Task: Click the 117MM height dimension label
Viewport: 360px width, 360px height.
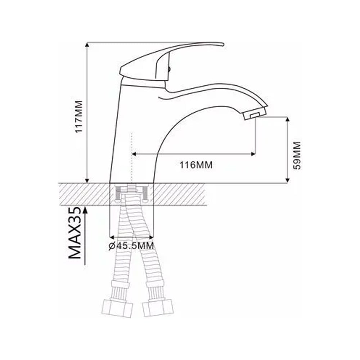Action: pyautogui.click(x=79, y=116)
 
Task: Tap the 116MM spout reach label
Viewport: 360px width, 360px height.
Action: pyautogui.click(x=196, y=165)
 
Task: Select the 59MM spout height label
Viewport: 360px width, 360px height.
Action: pyautogui.click(x=297, y=156)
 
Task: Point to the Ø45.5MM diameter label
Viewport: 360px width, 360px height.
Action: pyautogui.click(x=131, y=246)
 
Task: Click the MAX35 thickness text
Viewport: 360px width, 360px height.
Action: pyautogui.click(x=75, y=233)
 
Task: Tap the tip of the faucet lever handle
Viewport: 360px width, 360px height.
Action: pyautogui.click(x=224, y=44)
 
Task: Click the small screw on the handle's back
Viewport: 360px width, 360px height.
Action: pyautogui.click(x=170, y=69)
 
